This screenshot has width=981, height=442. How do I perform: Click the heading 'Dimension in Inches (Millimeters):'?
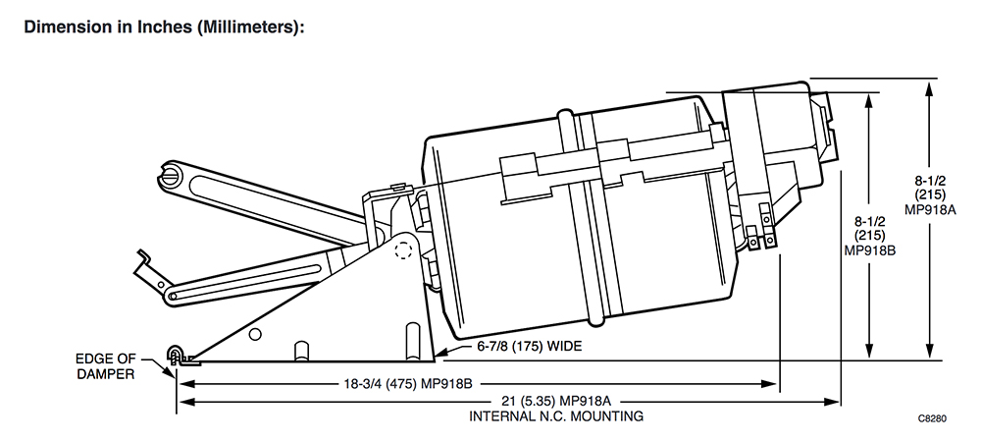pos(163,28)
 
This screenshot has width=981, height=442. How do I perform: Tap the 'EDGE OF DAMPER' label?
pos(105,366)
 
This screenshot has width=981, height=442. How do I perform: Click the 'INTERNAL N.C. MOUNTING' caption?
pos(556,415)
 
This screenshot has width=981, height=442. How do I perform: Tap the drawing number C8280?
pos(932,418)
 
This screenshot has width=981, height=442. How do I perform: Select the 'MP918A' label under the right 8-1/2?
pos(930,210)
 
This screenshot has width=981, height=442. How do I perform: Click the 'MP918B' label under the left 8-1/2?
pos(869,249)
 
